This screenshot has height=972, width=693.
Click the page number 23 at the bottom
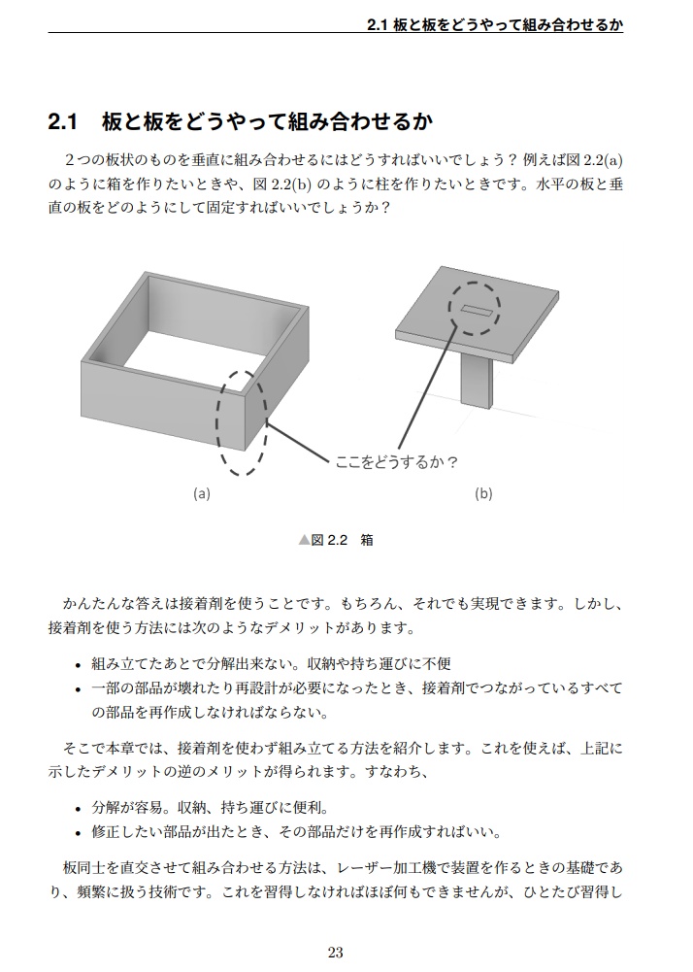click(x=336, y=952)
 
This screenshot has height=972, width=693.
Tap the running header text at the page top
click(x=495, y=24)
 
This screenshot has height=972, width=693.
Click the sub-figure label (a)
click(x=202, y=493)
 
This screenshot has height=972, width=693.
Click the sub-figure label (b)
click(x=483, y=493)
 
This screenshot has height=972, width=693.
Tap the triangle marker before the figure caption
click(x=304, y=540)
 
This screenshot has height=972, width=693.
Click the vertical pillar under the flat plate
click(x=477, y=379)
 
